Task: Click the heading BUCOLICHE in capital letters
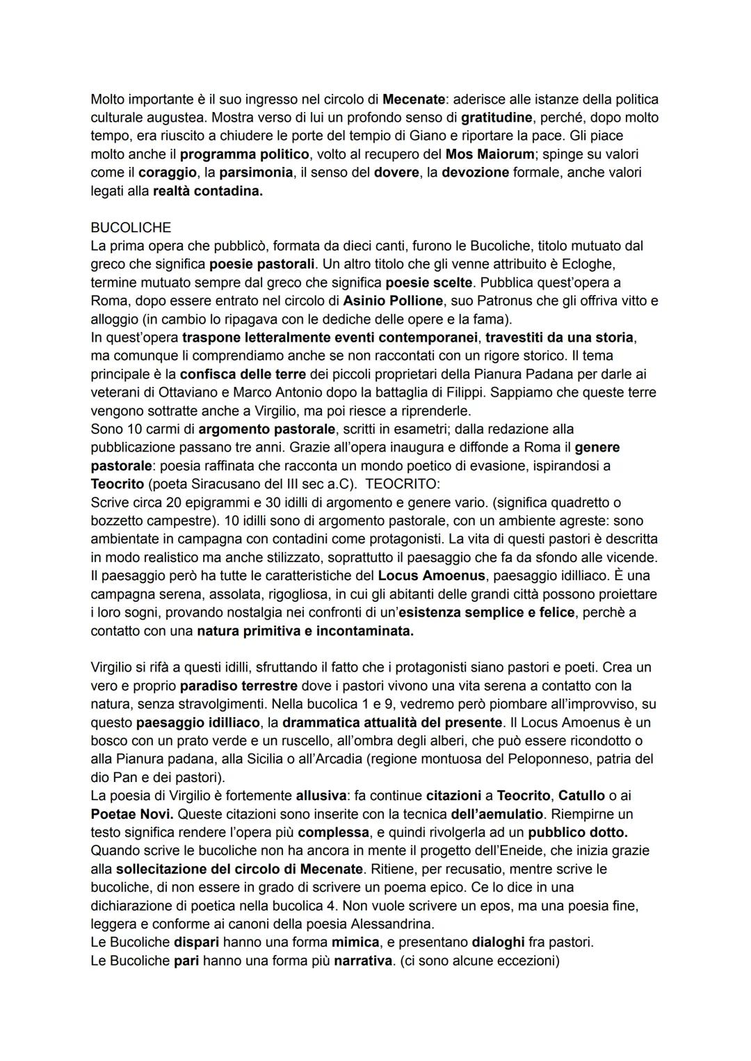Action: (x=131, y=228)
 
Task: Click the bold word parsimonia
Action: (x=255, y=173)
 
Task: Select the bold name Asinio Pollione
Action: (x=393, y=301)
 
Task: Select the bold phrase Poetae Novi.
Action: (x=131, y=813)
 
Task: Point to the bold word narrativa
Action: (x=363, y=961)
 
